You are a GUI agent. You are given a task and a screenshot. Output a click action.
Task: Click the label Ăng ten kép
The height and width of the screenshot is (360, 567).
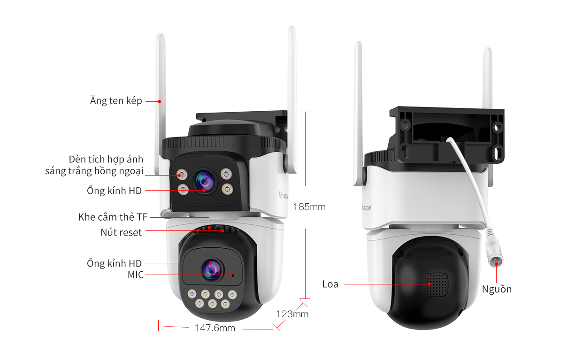click(x=116, y=101)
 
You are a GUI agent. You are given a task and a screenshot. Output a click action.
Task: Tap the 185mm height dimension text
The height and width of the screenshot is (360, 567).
click(x=309, y=207)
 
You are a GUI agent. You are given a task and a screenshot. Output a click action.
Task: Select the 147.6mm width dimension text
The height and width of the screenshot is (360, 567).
click(x=215, y=328)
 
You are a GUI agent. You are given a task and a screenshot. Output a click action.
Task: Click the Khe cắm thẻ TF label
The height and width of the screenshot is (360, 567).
click(x=113, y=217)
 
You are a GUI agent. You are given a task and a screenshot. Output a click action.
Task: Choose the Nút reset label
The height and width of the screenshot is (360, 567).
click(x=121, y=232)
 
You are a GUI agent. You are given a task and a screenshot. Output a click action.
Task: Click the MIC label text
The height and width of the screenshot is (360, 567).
click(x=136, y=275)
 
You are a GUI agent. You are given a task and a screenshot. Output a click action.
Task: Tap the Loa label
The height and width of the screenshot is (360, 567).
click(x=330, y=284)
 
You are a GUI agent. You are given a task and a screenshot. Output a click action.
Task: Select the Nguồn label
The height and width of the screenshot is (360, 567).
click(x=497, y=289)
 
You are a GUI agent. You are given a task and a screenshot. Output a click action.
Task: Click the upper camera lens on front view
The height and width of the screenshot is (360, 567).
click(x=205, y=181)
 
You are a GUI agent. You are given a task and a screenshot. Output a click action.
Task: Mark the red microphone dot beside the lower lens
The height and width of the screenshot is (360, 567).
click(x=231, y=275)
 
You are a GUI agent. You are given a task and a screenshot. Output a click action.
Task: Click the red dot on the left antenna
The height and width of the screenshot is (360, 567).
click(x=160, y=101)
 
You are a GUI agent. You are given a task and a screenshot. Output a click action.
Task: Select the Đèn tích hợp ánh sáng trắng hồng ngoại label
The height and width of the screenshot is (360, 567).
click(x=94, y=165)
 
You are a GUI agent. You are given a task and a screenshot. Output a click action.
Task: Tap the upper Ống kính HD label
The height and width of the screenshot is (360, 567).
click(x=114, y=191)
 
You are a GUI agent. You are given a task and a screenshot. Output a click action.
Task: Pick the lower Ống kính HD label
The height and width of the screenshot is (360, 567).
click(x=114, y=263)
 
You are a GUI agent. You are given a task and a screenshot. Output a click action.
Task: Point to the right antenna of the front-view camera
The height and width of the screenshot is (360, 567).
click(x=292, y=94)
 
